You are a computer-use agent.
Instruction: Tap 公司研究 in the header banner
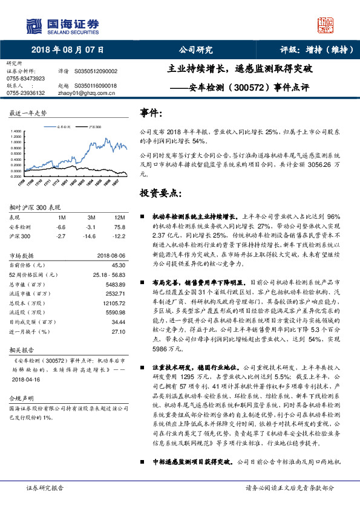pyautogui.click(x=196, y=50)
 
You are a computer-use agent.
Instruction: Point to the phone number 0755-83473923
pyautogui.click(x=25, y=79)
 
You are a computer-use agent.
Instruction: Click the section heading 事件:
pyautogui.click(x=151, y=112)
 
